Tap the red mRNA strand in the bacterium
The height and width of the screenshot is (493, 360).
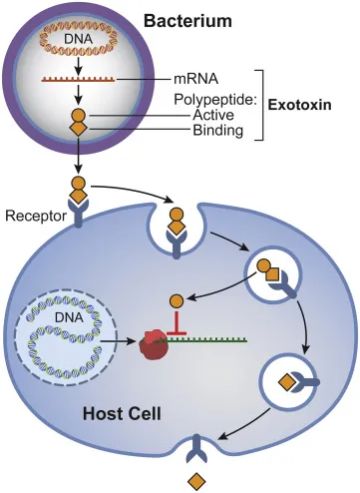(78, 78)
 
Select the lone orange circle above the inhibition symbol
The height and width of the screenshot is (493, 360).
(176, 299)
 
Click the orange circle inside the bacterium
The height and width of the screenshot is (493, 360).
(77, 116)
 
